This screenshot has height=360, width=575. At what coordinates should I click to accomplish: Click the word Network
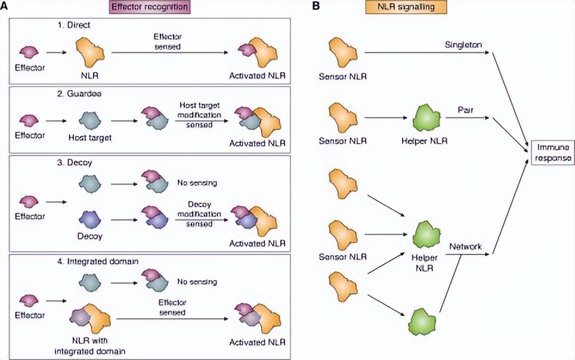tap(466, 246)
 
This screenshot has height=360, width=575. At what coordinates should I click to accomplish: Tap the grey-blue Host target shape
tap(93, 119)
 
